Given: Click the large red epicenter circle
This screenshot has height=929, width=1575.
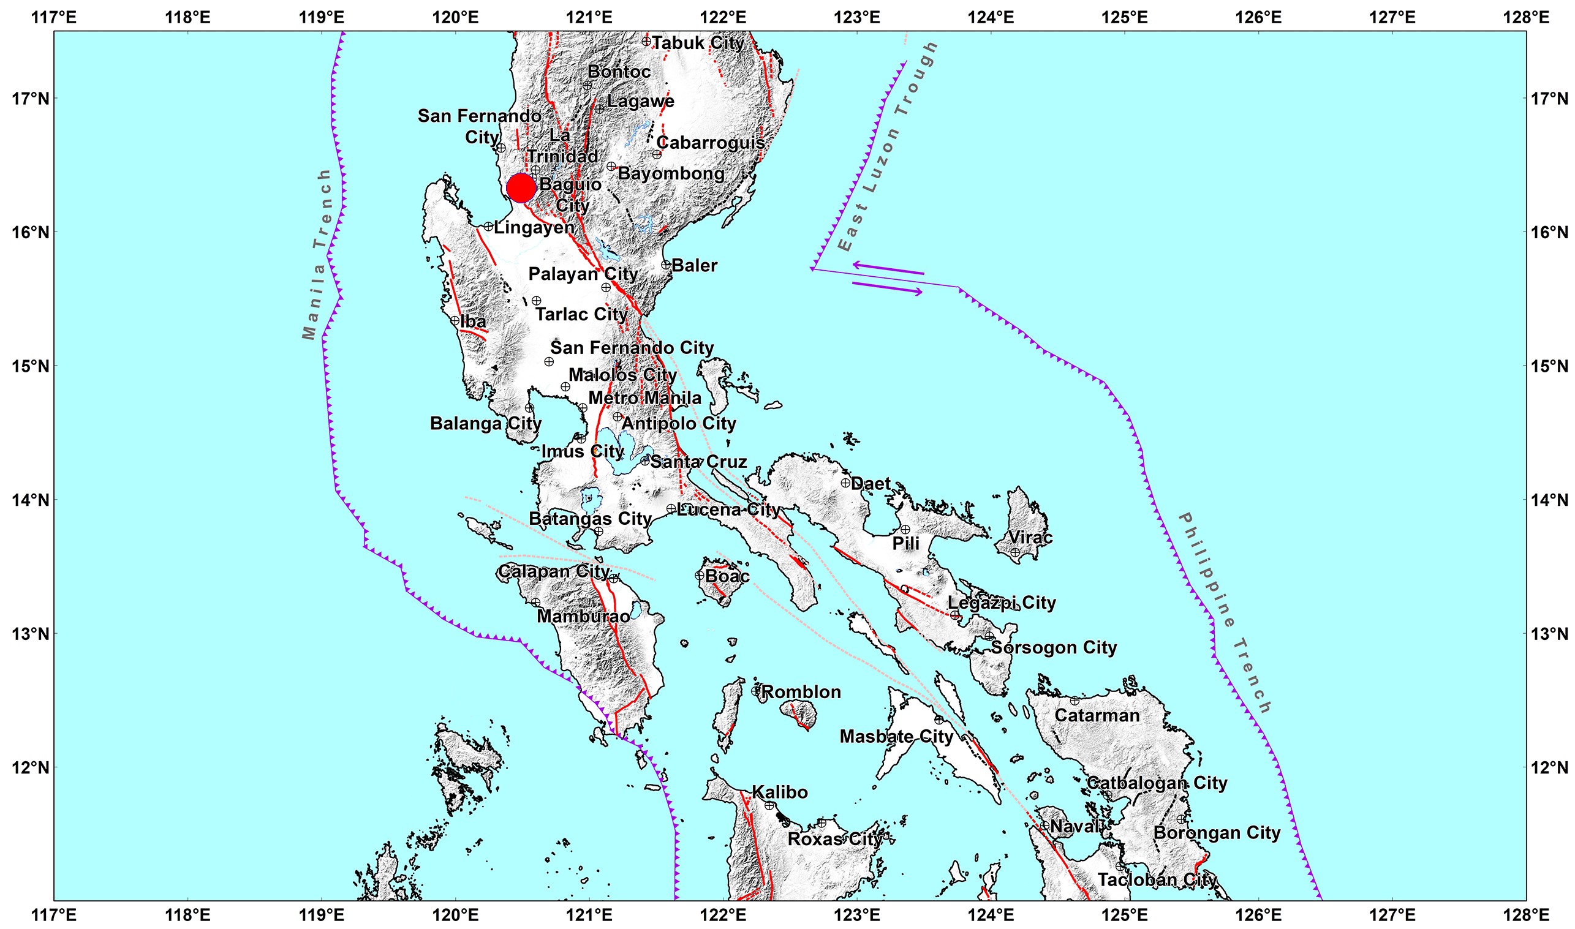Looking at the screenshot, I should (x=521, y=188).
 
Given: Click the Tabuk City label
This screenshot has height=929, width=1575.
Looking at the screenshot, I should (x=698, y=43).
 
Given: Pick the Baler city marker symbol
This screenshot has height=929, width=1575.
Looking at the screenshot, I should (x=666, y=265).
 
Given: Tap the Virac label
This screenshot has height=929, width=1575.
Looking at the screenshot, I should (x=1030, y=537).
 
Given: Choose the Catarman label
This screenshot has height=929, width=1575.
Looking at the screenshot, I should (x=1097, y=715).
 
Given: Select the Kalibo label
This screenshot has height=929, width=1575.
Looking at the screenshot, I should (x=780, y=792).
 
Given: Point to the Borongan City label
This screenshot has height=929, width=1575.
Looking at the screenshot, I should (x=1217, y=833).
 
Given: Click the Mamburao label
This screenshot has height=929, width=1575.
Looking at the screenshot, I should (x=583, y=616).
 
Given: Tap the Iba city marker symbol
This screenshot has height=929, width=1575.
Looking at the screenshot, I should (x=455, y=320).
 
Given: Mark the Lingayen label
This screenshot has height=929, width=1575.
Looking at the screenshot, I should (x=534, y=227).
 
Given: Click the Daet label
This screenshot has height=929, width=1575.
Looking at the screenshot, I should (x=871, y=483).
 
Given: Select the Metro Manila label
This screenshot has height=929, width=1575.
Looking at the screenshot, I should (x=644, y=397).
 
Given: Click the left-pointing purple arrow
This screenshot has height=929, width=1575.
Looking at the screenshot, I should (x=888, y=268).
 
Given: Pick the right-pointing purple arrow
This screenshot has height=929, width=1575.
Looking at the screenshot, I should (x=888, y=287).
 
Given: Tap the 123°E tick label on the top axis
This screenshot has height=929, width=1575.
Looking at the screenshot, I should (x=865, y=17).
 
